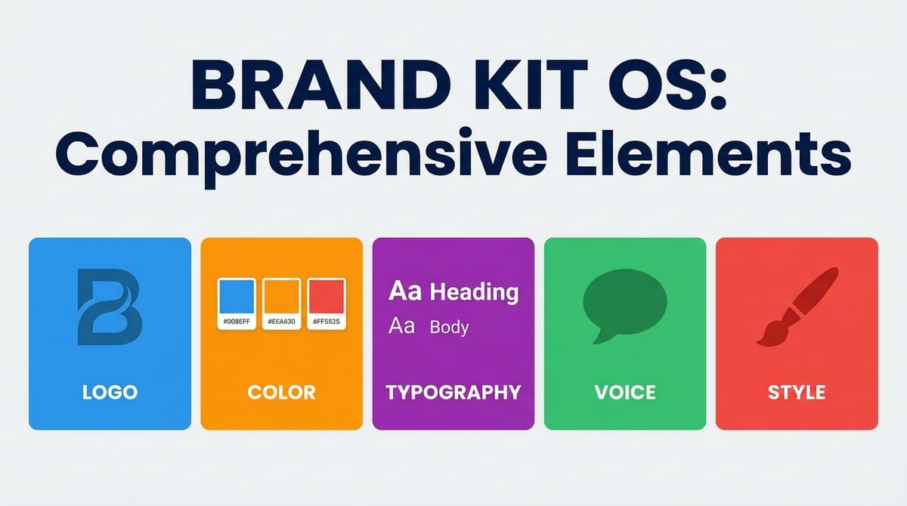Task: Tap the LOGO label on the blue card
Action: pos(110,393)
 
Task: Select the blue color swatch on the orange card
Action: pos(237,298)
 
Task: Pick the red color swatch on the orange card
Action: pos(326,298)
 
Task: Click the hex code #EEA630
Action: pos(281,322)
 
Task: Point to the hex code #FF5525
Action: pos(326,322)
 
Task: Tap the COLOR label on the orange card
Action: pos(281,393)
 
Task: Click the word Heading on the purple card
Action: pos(474,292)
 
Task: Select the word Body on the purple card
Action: pos(449,328)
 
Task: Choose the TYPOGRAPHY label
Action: pos(453,393)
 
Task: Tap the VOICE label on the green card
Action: pos(625,393)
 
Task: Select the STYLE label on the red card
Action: pos(797,393)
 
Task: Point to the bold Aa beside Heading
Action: pos(404,292)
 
